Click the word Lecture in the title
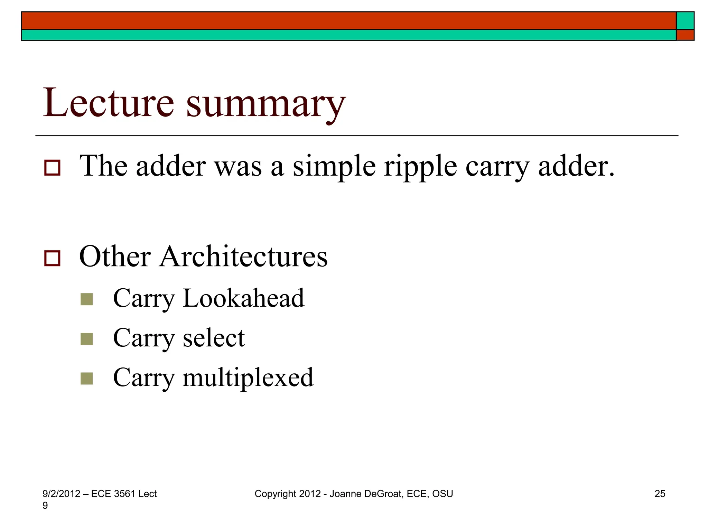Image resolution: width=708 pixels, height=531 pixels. coord(108,103)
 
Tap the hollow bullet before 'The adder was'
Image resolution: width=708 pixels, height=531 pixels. coord(52,168)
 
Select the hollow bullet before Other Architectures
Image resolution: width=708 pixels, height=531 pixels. coord(52,258)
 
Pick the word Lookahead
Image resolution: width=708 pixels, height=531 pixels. coord(243,298)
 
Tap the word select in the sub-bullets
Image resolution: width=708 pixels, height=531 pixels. coord(214,338)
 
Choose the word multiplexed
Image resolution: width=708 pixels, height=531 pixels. coord(248,378)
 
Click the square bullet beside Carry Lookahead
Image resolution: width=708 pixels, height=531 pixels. coord(86,299)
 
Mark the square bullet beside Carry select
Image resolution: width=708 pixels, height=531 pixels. coord(86,339)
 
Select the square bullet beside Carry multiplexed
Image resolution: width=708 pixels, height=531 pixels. coord(86,379)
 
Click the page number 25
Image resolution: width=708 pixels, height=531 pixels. coord(660,494)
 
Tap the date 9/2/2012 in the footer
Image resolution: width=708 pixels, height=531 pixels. coord(61,494)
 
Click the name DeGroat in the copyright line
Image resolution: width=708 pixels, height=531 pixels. coord(383,494)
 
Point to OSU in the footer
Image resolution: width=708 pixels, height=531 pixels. coord(442,494)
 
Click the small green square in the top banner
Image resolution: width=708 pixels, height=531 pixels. coord(685,21)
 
